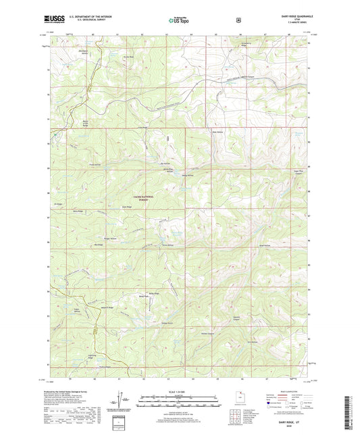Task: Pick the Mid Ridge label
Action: [x=99, y=245]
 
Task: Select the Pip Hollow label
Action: [x=165, y=163]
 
